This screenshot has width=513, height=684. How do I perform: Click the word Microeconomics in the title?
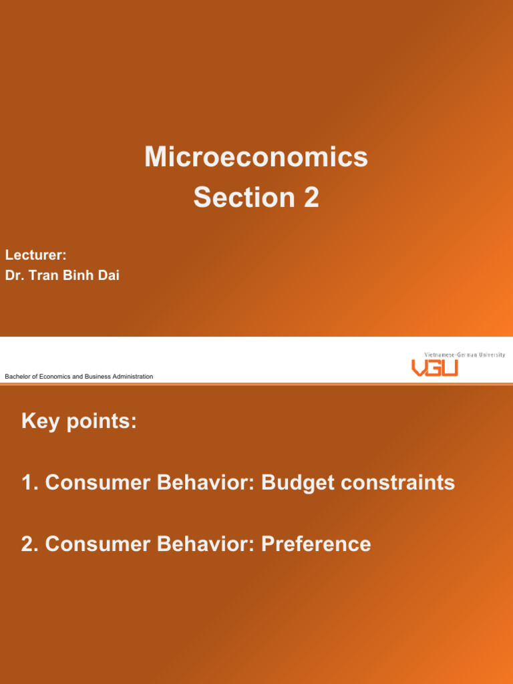tap(256, 158)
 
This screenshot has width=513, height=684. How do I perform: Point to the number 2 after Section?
tap(311, 198)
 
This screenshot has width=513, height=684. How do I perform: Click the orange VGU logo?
tap(434, 368)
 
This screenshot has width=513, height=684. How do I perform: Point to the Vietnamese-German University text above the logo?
tap(464, 355)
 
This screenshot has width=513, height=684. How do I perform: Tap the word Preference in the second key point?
tap(316, 544)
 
